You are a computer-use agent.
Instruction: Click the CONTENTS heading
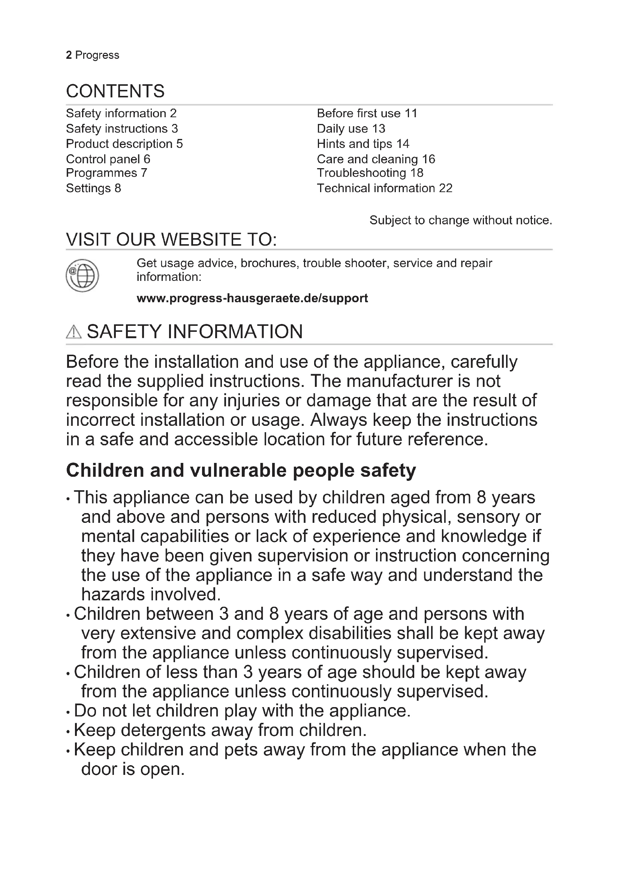click(x=115, y=91)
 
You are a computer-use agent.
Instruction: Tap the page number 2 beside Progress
click(x=69, y=55)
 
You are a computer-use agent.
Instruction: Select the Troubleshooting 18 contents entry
click(x=370, y=173)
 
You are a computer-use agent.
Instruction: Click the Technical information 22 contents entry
click(x=385, y=188)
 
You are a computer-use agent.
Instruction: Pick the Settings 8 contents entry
click(x=94, y=188)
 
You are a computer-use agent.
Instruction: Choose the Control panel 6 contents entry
click(x=108, y=159)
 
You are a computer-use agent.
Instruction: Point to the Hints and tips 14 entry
click(x=363, y=144)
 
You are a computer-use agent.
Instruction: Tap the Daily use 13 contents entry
click(x=351, y=128)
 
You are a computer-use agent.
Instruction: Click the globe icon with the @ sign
click(x=82, y=276)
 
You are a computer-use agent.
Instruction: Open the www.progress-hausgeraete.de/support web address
click(x=252, y=298)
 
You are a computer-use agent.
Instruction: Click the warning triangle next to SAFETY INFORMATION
click(x=74, y=332)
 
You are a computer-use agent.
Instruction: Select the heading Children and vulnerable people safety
click(x=241, y=470)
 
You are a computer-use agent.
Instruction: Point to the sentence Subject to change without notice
click(x=460, y=220)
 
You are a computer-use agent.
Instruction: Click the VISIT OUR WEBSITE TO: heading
click(x=171, y=240)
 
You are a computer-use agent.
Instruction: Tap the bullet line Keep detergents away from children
click(x=220, y=730)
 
